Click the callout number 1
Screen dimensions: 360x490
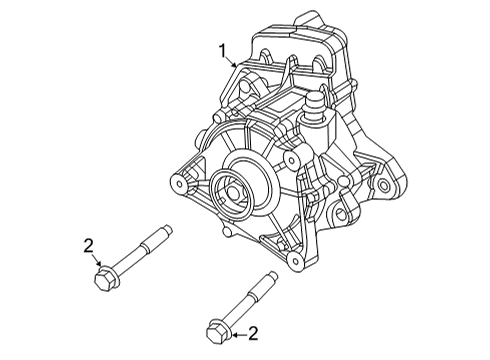click(x=224, y=49)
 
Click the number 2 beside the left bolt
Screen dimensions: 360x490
click(x=89, y=244)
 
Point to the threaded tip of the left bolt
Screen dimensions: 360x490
click(x=164, y=236)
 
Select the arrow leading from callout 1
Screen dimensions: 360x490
click(x=235, y=61)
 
